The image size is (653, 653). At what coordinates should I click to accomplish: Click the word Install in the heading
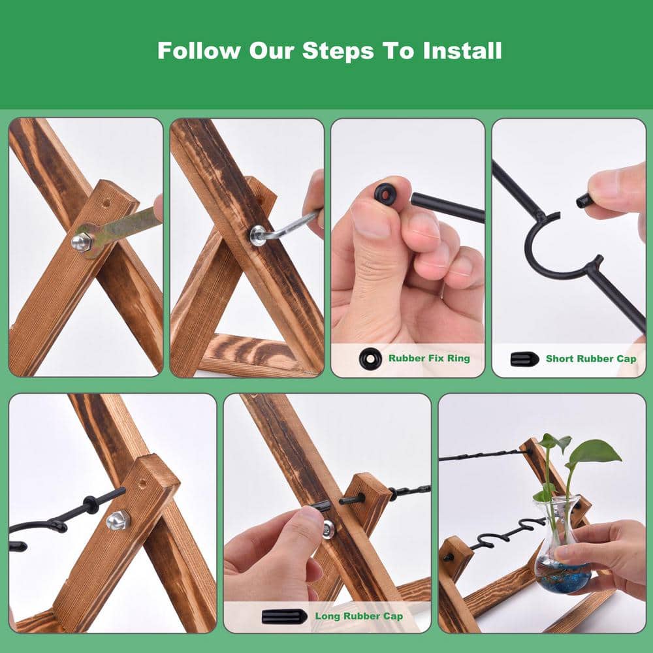coord(462,50)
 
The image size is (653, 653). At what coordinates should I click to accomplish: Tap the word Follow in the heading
coord(199,50)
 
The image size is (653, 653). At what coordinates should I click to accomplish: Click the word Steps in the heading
coord(338,51)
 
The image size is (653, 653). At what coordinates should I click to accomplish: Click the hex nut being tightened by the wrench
coord(81,242)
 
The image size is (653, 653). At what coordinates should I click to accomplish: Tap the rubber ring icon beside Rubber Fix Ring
coord(370,358)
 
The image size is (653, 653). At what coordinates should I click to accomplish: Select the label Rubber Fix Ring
coord(429,358)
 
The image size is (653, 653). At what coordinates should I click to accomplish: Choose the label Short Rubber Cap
coord(591,358)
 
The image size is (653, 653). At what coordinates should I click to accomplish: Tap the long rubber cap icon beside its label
coord(285,616)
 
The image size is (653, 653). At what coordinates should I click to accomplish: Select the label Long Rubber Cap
coord(359,616)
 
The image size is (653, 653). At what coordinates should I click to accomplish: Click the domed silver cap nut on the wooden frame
coord(118,520)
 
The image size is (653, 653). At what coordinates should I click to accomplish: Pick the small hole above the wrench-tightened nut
coord(106,204)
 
